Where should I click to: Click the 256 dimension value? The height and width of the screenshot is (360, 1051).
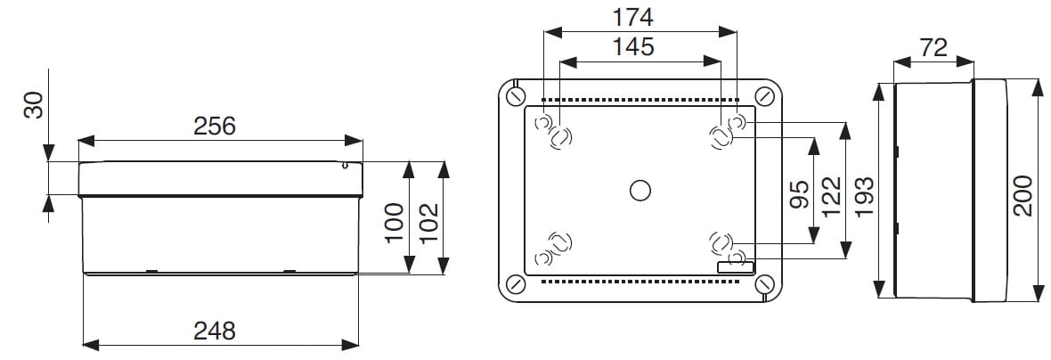(x=215, y=127)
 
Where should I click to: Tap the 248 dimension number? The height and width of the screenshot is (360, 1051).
(x=215, y=331)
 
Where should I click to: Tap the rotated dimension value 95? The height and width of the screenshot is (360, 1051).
(x=799, y=193)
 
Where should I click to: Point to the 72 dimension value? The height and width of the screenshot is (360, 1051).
(x=933, y=48)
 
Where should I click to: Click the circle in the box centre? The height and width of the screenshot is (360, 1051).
(x=640, y=190)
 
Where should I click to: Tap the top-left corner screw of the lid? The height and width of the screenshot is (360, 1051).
(x=515, y=95)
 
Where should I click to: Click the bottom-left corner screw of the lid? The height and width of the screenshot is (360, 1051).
(x=515, y=284)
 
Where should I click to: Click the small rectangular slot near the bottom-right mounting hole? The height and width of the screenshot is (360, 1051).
(x=736, y=266)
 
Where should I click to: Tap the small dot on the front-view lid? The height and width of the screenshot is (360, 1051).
(x=345, y=165)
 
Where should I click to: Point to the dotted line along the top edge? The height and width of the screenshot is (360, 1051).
(x=640, y=100)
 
